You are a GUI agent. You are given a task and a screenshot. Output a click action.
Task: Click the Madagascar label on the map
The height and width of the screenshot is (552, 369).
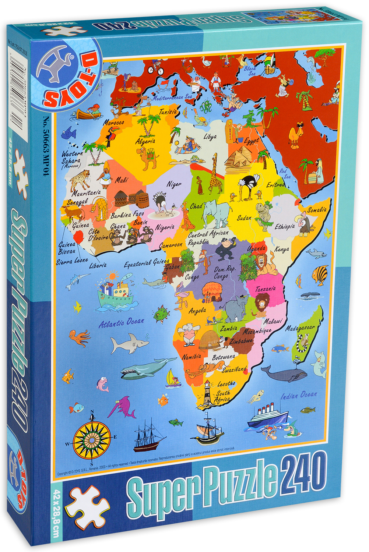click(x=300, y=327)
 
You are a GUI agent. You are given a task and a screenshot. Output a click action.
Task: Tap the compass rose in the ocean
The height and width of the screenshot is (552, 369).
click(x=92, y=438)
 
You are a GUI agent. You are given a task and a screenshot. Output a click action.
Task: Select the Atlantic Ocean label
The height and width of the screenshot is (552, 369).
click(x=121, y=323)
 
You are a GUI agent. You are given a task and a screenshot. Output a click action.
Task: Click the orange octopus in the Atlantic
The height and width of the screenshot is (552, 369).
click(x=80, y=336)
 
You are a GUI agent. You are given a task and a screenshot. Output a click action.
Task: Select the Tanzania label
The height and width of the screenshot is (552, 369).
click(x=265, y=289)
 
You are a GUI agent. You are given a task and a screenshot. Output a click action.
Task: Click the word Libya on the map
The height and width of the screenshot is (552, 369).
click(x=210, y=137)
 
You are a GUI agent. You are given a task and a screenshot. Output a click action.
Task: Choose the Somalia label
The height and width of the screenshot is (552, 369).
click(x=317, y=210)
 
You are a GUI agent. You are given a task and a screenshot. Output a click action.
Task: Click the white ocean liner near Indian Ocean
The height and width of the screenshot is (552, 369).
click(x=267, y=415)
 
